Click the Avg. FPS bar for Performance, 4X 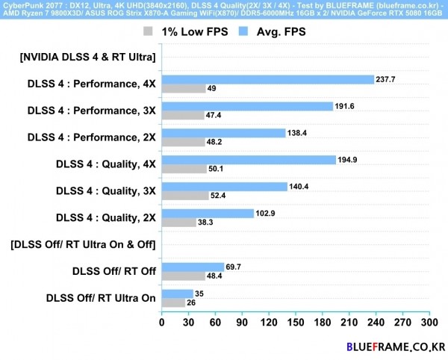coord(267,80)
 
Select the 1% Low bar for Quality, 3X coord(185,196)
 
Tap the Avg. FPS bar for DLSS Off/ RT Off coord(193,267)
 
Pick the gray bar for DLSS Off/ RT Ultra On coord(173,302)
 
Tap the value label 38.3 coord(208,223)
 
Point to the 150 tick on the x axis coord(295,323)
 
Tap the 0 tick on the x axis coord(162,323)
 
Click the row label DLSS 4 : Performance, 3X coord(91,111)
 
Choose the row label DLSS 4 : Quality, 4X coord(106,164)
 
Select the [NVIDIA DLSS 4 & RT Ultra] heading coord(88,58)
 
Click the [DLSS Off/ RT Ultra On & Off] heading coord(84,244)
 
